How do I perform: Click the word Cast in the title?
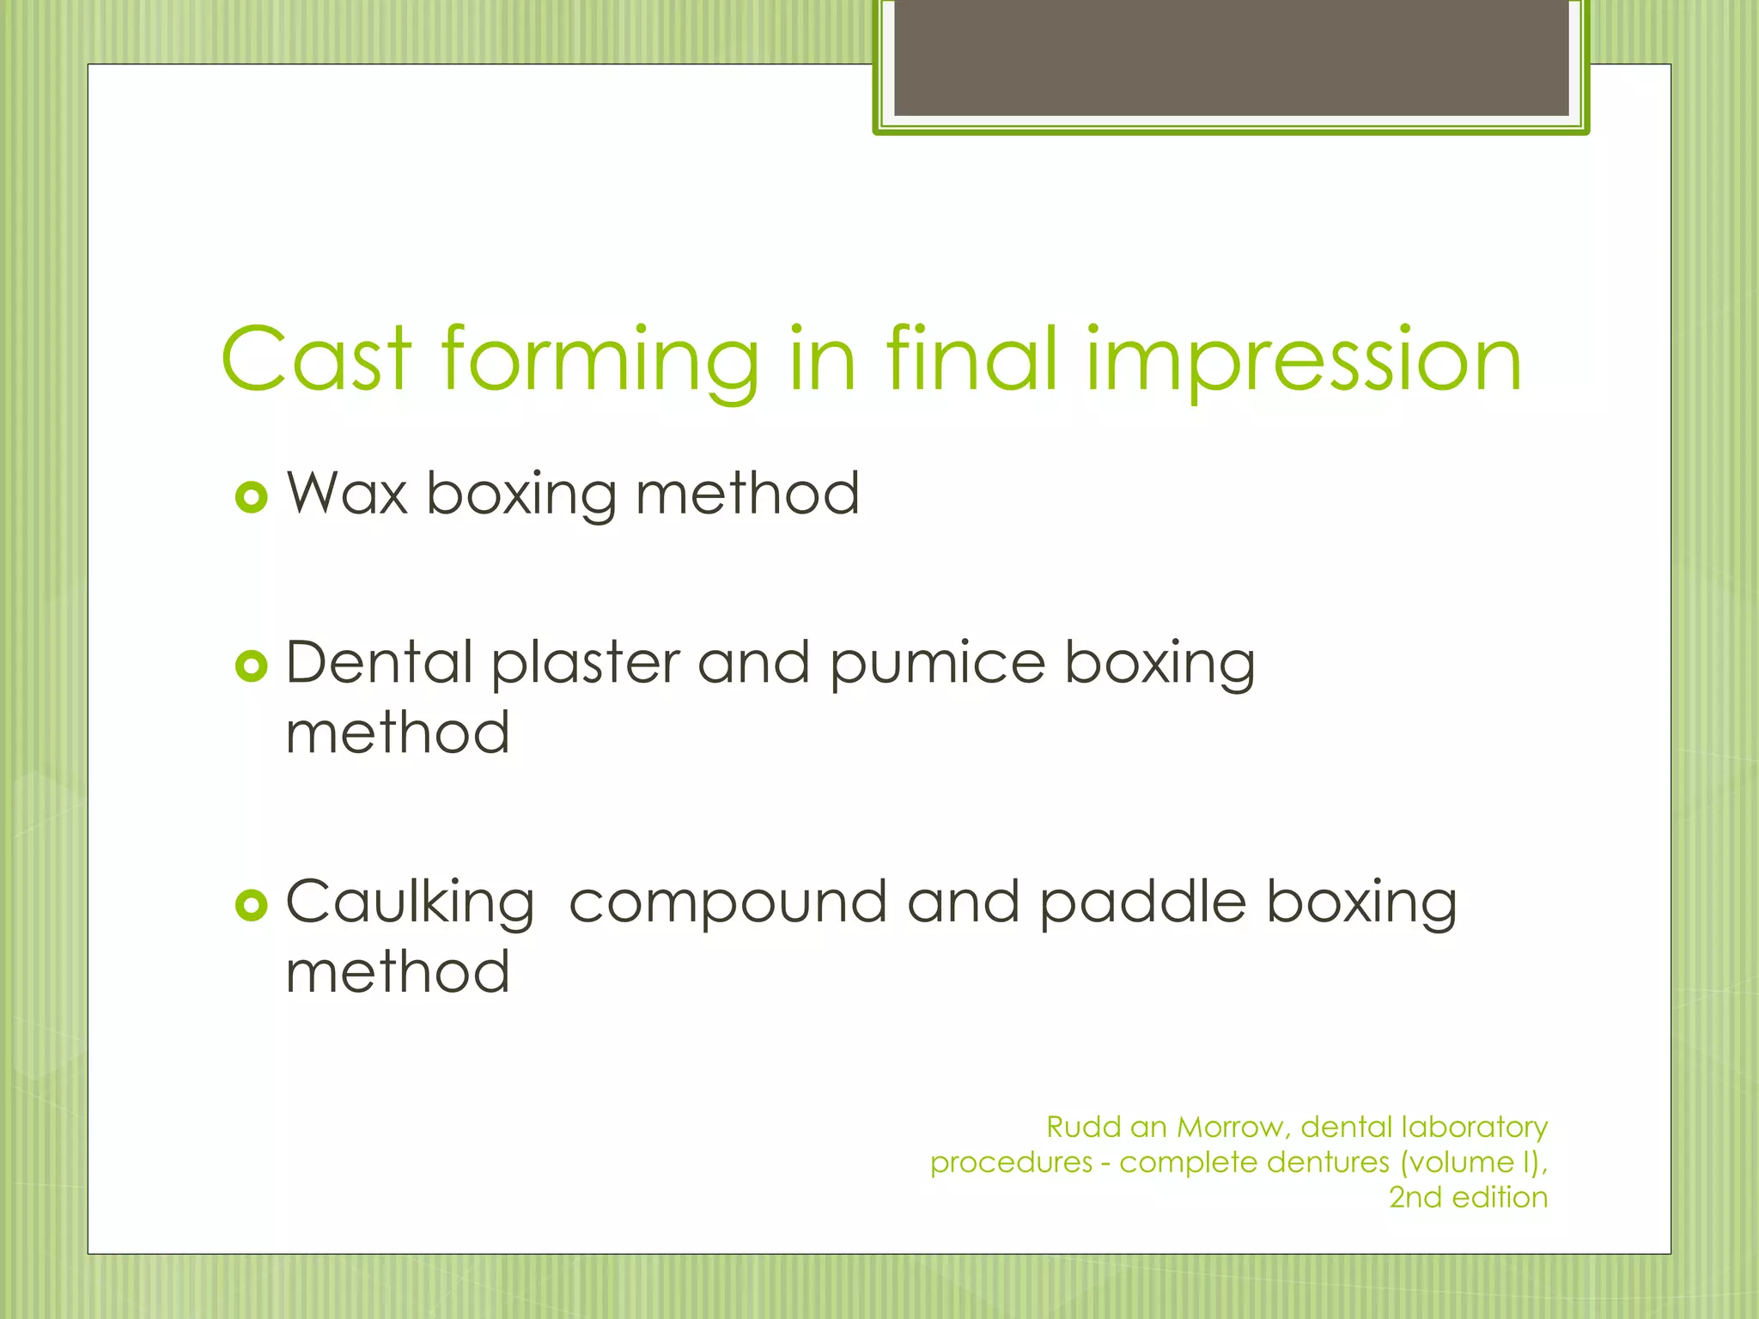tap(317, 360)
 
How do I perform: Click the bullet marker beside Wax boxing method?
tap(251, 496)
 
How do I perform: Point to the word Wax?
tap(346, 494)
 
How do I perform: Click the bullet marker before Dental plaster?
tap(251, 666)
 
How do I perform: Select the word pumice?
tap(937, 666)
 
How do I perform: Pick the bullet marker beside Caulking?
tap(251, 904)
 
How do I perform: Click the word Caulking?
tap(410, 904)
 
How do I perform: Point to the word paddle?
tap(1142, 903)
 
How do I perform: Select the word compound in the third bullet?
tap(728, 904)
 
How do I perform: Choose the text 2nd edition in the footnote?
tap(1468, 1197)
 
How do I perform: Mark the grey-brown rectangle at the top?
tap(1231, 58)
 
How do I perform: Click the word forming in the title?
tap(600, 362)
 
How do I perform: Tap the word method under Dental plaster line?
tap(398, 733)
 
